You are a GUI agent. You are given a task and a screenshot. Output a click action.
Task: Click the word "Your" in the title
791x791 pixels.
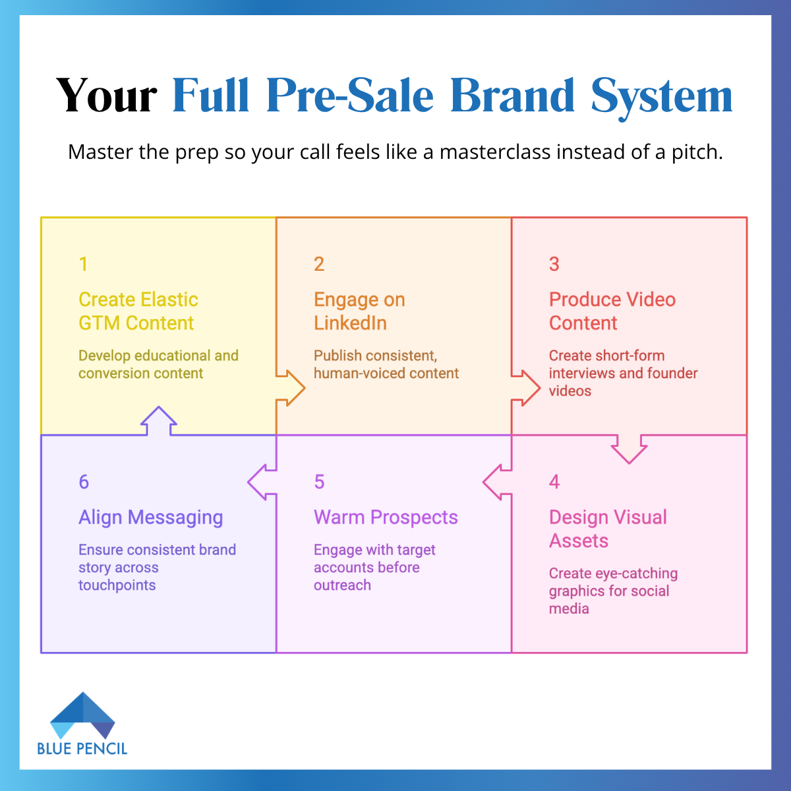tap(107, 96)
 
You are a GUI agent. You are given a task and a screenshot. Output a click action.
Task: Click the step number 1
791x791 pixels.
tap(83, 264)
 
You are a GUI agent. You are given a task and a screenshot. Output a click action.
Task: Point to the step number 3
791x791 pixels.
tap(554, 264)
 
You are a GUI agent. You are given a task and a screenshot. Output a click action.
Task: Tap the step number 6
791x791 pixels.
tap(84, 482)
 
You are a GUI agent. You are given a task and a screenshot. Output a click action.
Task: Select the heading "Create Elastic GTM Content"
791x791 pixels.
tap(138, 311)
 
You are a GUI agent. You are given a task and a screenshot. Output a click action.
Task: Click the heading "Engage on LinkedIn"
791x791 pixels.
tap(359, 311)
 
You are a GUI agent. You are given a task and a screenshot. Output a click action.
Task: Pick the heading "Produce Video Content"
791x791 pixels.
tap(612, 311)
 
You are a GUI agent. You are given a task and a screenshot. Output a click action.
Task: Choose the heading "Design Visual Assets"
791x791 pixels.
tap(608, 529)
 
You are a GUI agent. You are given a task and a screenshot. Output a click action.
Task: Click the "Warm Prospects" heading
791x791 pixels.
tap(386, 517)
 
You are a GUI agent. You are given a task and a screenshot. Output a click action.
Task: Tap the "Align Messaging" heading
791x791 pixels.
tap(150, 517)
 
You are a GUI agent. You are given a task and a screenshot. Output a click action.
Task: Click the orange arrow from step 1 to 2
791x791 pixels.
tap(291, 388)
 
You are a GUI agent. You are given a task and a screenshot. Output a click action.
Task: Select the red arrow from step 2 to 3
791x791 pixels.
tap(526, 388)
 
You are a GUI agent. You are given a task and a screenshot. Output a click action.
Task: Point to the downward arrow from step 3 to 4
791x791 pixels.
tap(629, 449)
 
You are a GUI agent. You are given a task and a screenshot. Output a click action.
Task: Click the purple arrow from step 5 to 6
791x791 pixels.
tap(262, 482)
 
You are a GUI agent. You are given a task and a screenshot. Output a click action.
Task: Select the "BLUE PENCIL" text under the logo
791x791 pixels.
tap(82, 748)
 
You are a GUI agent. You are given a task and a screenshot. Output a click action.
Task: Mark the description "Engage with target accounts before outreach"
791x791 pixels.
tap(374, 568)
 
